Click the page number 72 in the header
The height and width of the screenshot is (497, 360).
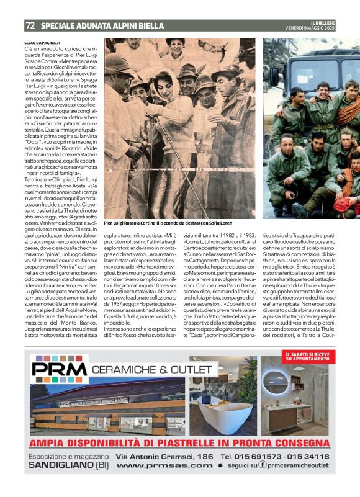click(30, 26)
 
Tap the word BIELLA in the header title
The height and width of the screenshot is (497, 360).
click(148, 27)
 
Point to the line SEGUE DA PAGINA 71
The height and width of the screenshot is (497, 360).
click(43, 42)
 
